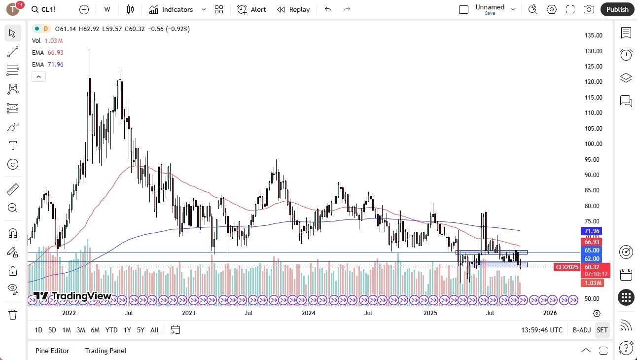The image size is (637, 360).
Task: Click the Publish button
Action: coord(617,9)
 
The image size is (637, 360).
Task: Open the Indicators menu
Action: coord(171,9)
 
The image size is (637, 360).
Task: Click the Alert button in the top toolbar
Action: coord(251,9)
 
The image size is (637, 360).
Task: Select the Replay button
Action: coord(293,9)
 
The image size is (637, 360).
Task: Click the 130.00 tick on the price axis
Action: coord(593,51)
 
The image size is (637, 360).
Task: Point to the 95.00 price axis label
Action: coord(593,159)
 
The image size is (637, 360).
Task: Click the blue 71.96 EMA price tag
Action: coord(592,231)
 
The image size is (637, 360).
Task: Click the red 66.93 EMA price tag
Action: coord(592,242)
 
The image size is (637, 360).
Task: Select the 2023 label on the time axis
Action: coord(189,313)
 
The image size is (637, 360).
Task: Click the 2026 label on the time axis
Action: coord(550,313)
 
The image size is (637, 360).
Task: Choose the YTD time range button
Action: coord(111,330)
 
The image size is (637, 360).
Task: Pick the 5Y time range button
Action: coord(141,330)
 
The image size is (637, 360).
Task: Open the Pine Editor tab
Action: coord(52,351)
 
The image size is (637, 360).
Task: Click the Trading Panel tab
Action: coord(106,351)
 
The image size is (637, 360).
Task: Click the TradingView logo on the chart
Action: coord(72,296)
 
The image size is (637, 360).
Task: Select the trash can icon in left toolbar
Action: coord(13,314)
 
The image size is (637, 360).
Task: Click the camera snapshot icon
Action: coord(589,9)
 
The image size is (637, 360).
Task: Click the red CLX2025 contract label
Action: coord(567,267)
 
